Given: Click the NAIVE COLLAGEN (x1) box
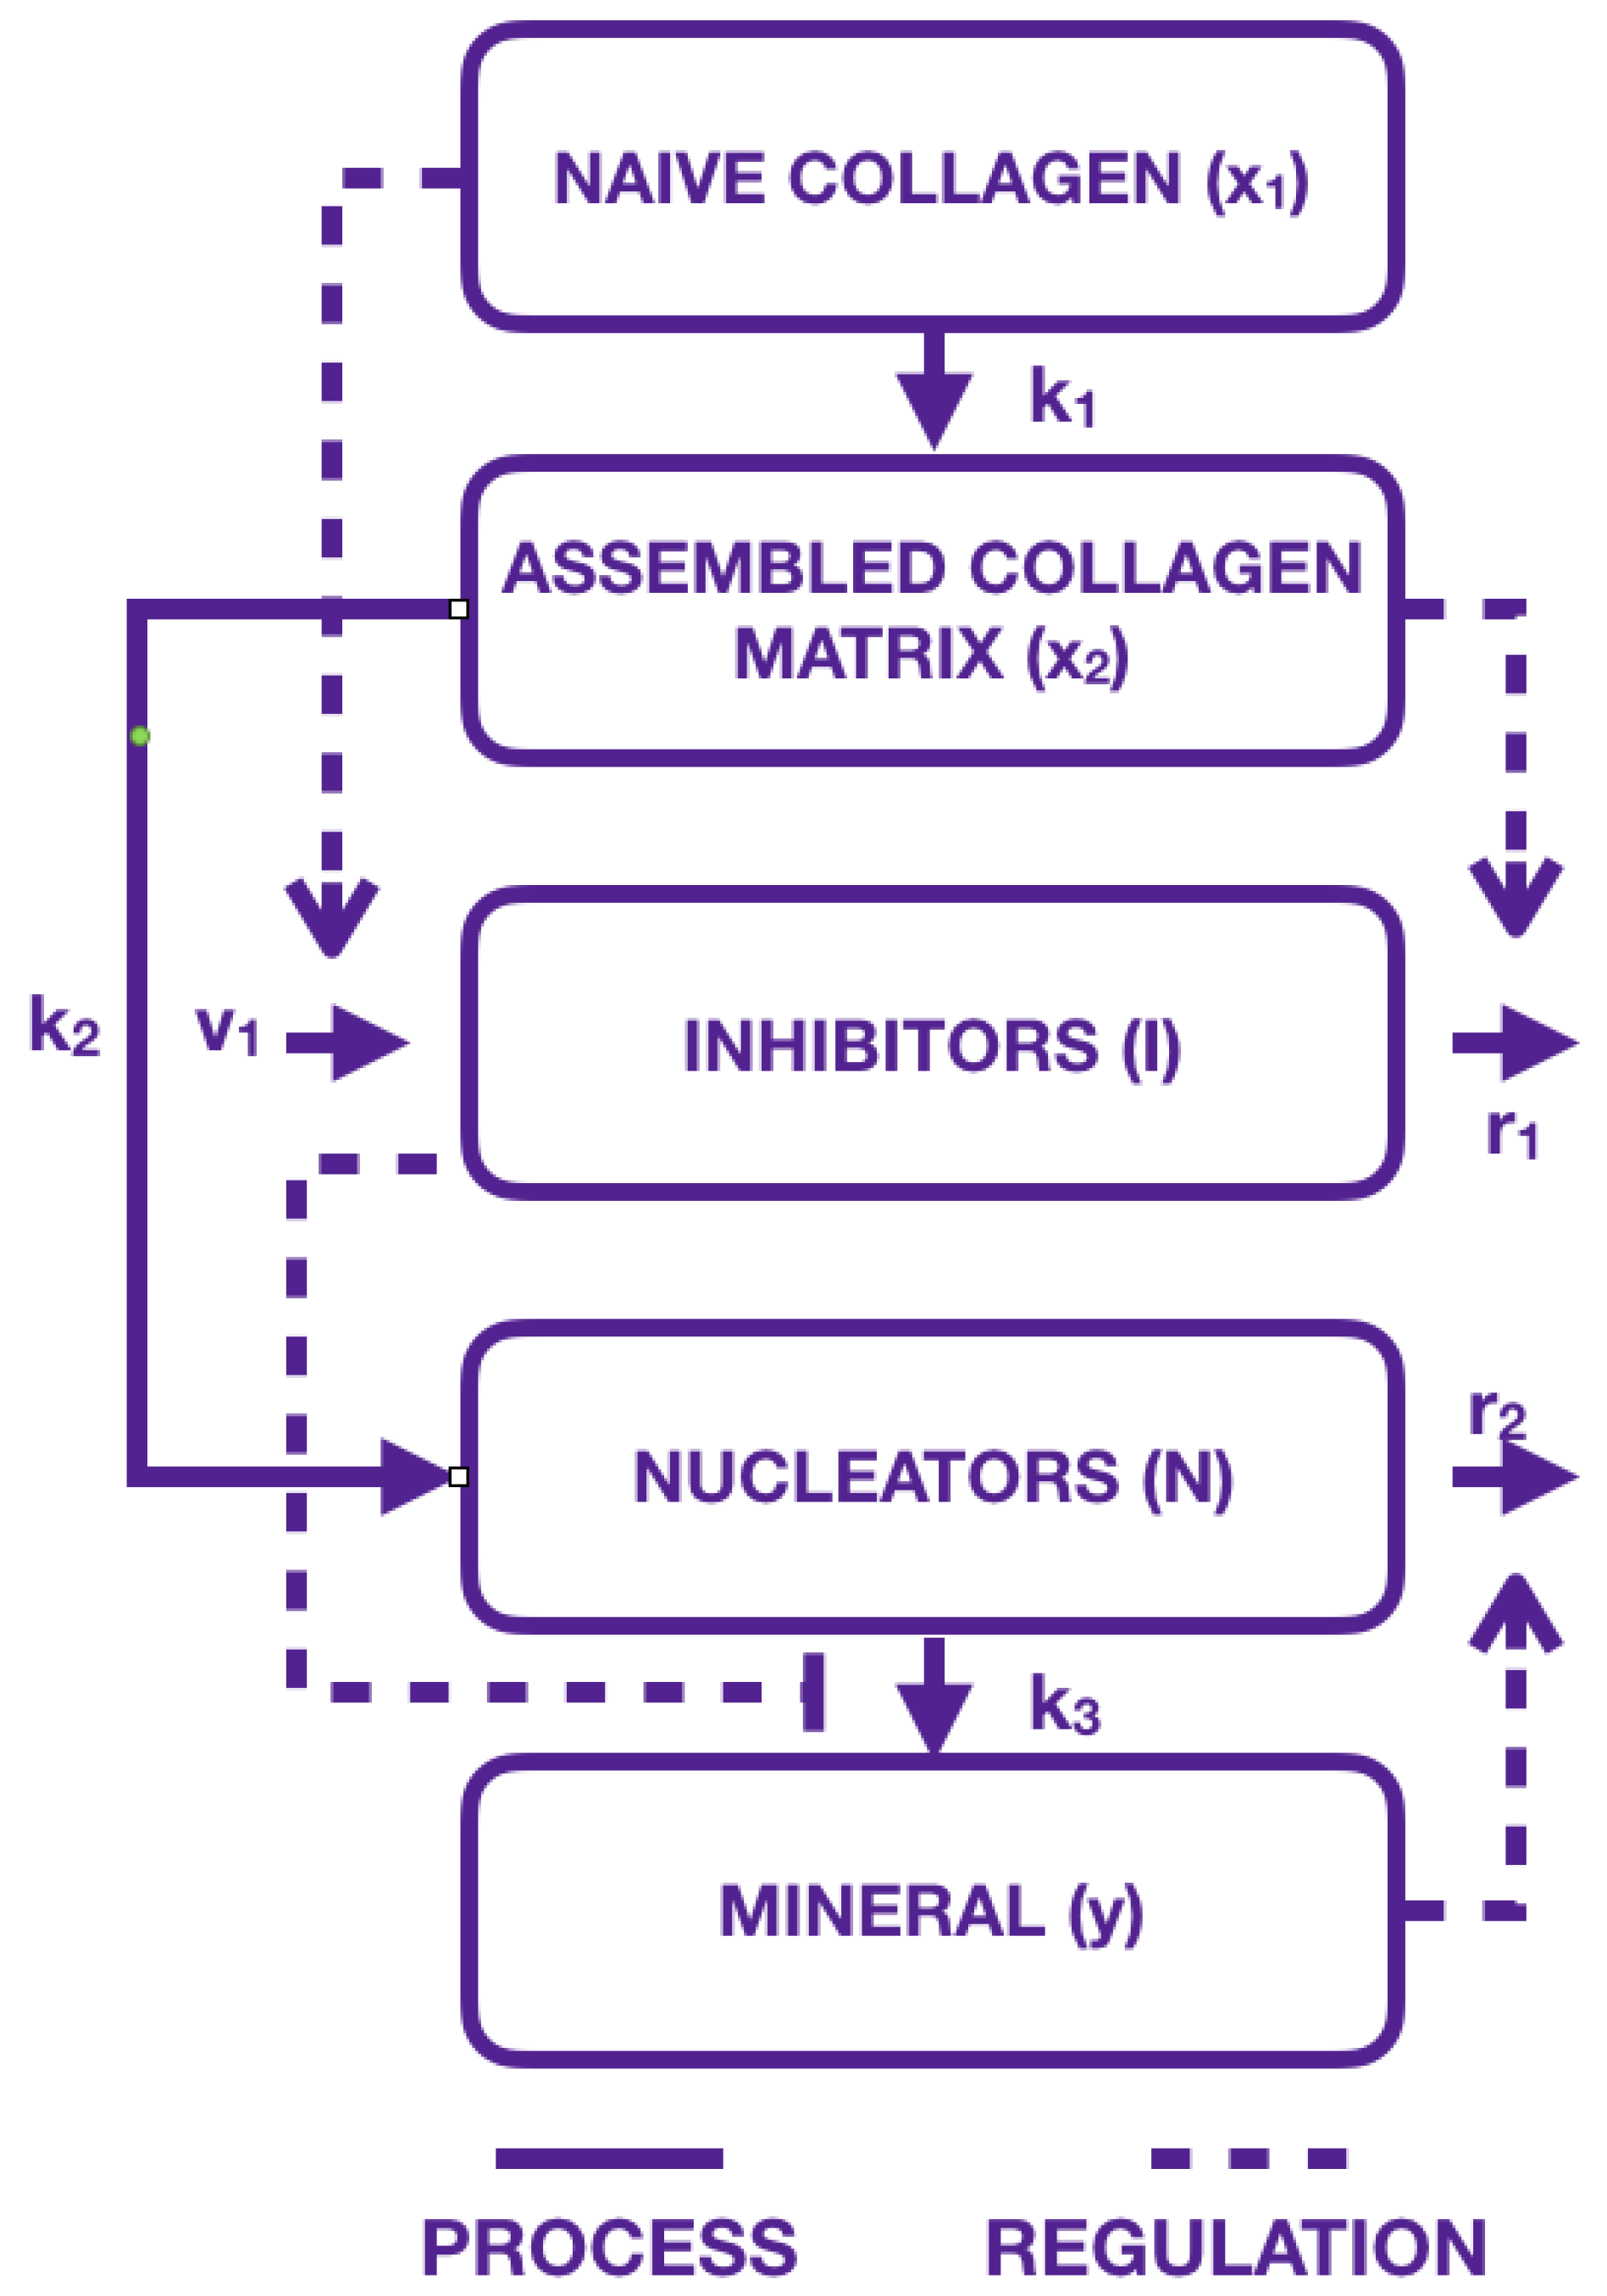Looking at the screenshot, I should coord(930,178).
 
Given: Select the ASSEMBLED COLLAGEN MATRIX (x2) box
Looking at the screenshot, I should coord(930,610).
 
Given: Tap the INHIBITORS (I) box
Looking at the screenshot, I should coord(930,1045).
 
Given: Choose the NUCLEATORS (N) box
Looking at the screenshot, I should coord(930,1477).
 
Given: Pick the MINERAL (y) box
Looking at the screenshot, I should coord(930,1911).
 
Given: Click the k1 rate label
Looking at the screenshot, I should coord(1062,398).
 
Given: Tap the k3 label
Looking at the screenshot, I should coord(1065,1705).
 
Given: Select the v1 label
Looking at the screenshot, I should coord(227,1030).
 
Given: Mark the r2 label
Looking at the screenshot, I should coord(1496,1413).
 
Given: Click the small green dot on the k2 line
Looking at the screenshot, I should coord(141,737).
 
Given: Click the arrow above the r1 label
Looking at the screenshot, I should coord(1515,1043).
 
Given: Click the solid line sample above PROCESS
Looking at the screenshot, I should coord(609,2158).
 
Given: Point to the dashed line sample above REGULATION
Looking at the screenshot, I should coord(1249,2158).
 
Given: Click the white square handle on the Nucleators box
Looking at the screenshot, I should coord(458,1477).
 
